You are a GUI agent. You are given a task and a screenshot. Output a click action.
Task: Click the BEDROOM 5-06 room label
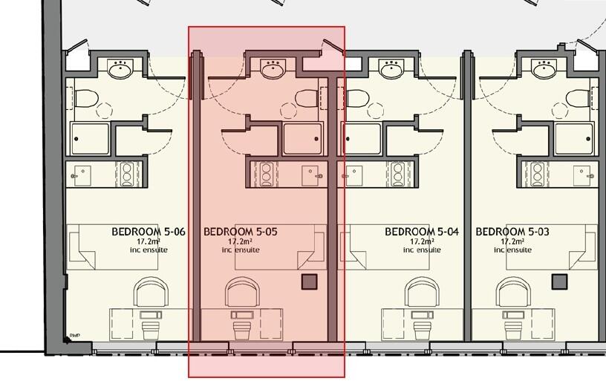148,232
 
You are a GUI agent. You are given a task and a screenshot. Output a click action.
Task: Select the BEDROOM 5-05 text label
240,232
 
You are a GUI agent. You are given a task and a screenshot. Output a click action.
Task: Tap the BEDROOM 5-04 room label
421,232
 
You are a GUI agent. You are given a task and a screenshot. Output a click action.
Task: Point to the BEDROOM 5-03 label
512,232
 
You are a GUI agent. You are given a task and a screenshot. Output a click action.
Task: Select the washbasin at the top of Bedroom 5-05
273,71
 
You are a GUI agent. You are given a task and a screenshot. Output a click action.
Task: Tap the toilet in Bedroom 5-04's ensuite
357,98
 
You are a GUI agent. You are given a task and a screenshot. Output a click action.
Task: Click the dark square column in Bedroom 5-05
309,281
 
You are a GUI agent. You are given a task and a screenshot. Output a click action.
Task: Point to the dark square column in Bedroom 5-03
559,281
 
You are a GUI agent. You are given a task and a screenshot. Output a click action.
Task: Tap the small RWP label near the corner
74,335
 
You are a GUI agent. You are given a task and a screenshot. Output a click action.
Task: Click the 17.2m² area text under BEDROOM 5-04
421,242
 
